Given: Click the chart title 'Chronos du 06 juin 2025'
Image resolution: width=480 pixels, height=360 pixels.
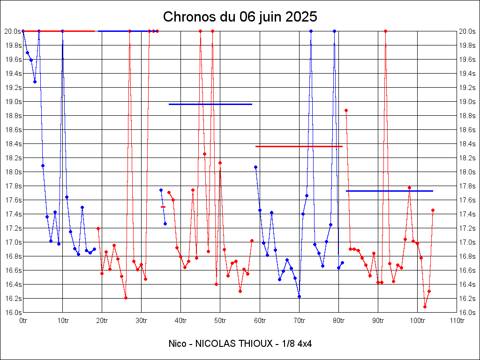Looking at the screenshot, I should pos(240,17).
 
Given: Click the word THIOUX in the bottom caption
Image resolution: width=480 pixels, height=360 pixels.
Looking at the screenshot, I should pos(256,344).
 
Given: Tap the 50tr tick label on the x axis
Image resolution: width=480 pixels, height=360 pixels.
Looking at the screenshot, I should pos(220,321).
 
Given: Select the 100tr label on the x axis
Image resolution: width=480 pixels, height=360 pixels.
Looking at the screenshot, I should pos(417,321).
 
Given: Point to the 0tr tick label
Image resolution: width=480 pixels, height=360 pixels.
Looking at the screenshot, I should pos(23,321).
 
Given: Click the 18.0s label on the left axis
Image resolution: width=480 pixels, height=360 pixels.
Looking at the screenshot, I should pos(13,172).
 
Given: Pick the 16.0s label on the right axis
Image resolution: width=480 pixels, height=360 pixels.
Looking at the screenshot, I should pos(467,313).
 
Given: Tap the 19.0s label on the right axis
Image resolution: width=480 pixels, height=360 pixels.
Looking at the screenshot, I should pos(467,102).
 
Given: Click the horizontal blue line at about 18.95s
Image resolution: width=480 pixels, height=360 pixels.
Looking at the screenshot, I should pos(210,104).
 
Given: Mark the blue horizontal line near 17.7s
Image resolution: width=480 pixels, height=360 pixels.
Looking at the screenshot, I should pos(389,191).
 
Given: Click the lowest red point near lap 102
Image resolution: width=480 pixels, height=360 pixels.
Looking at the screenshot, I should pos(425,307).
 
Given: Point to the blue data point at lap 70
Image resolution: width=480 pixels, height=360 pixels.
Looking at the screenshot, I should pos(299,296).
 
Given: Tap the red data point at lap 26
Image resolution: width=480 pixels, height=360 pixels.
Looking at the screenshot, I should pos(126,298).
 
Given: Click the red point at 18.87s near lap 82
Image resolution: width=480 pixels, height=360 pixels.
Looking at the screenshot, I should pos(346,111).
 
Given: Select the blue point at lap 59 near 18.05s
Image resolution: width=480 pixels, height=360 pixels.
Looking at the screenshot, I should pos(255,167).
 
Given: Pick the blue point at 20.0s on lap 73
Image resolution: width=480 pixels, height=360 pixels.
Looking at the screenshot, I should pos(311,31).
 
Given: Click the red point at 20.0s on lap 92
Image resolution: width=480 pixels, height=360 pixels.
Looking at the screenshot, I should pos(385,31).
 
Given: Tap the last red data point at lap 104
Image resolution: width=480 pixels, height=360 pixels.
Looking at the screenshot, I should pos(433,210).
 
